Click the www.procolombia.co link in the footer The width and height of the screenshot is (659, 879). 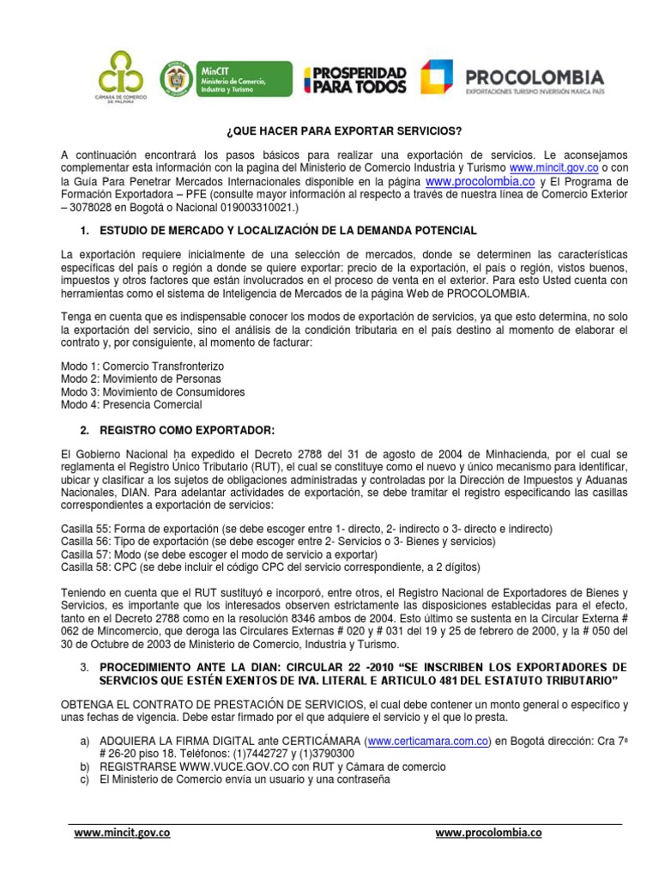(x=488, y=832)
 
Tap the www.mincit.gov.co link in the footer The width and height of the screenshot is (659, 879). (x=122, y=832)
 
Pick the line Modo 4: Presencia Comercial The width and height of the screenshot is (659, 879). (x=131, y=404)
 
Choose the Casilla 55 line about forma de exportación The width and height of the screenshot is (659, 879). (x=306, y=528)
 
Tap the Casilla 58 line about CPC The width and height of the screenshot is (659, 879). (x=270, y=567)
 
